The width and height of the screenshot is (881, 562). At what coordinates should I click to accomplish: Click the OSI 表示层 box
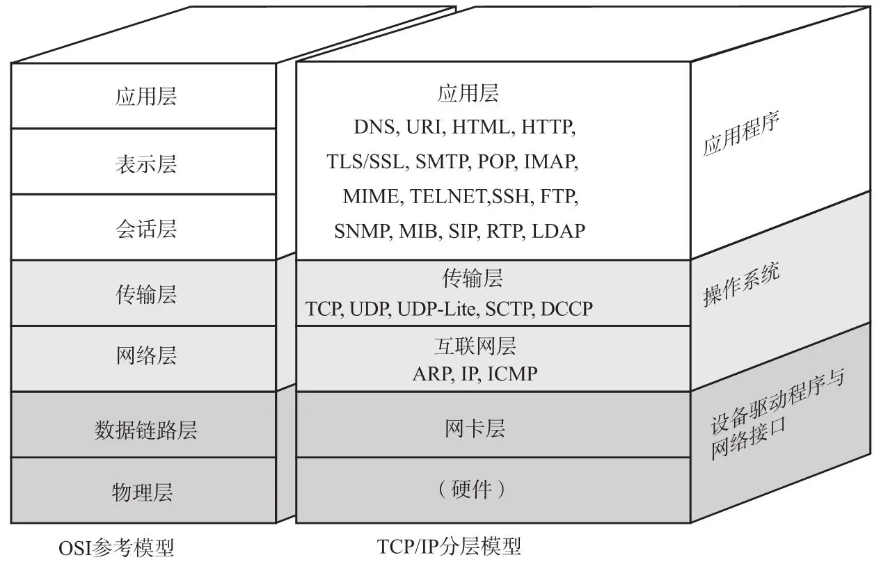pos(145,162)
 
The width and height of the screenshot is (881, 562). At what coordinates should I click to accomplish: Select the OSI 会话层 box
pos(145,228)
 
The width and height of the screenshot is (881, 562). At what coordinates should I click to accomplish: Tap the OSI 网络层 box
pos(145,358)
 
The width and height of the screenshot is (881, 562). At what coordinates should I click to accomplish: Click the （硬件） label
pos(471,490)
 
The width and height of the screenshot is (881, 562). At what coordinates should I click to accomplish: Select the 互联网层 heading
pos(475,346)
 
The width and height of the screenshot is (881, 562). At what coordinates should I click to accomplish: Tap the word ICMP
pos(512,374)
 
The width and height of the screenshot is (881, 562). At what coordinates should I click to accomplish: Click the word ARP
pos(431,374)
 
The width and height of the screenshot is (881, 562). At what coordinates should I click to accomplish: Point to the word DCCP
pos(566,308)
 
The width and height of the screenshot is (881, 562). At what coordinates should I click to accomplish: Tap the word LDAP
pos(557,231)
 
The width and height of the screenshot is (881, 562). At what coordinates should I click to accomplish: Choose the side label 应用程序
pos(740,133)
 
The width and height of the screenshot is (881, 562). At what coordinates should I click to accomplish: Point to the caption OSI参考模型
pos(116,547)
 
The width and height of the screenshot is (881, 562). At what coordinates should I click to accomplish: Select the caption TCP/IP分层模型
pos(449,546)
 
